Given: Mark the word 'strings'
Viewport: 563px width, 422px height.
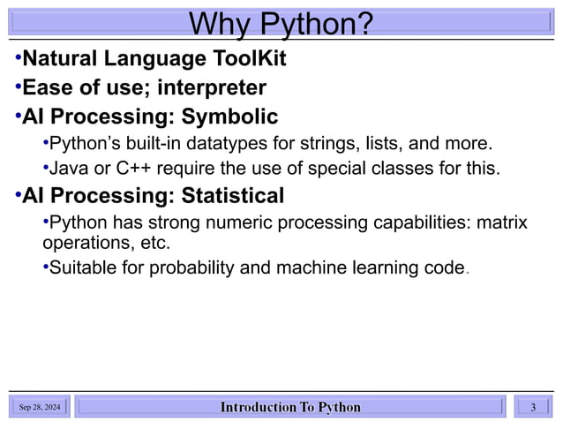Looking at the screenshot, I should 350,143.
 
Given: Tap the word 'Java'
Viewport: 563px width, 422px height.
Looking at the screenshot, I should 67,168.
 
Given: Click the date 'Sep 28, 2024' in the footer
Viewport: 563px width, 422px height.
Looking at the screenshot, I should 40,407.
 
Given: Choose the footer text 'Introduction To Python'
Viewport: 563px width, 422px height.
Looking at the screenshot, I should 290,407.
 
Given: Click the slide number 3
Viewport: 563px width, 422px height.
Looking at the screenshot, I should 533,407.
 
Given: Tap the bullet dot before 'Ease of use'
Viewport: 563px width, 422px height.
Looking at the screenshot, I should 17,87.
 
